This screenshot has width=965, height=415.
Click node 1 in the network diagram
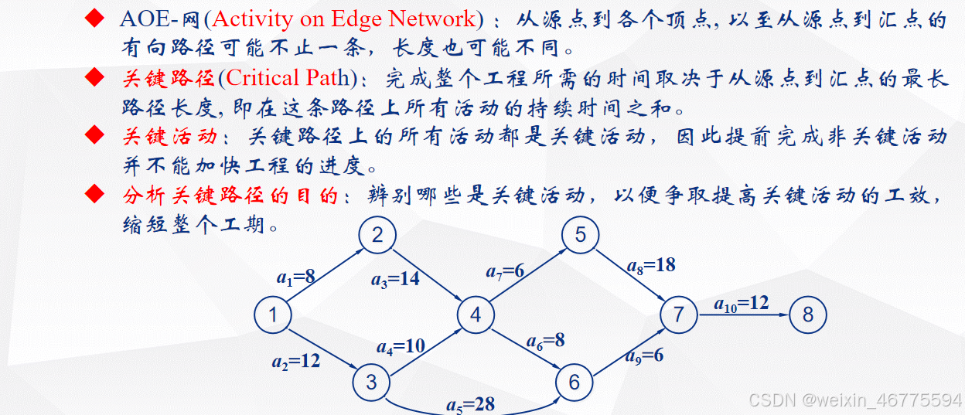click(273, 315)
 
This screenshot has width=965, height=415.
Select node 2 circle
click(377, 235)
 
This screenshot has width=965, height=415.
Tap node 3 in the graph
click(372, 382)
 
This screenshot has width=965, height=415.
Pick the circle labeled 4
click(476, 315)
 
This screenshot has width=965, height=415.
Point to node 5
click(581, 235)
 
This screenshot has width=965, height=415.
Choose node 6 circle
click(574, 383)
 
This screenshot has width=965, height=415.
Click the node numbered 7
click(679, 315)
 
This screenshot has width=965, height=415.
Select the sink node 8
click(808, 315)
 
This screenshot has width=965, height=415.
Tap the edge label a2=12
click(295, 360)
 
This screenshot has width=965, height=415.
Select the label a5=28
click(470, 403)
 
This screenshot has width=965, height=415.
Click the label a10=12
click(742, 303)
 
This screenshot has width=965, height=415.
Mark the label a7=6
click(505, 270)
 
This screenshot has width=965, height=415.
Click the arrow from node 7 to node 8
click(742, 315)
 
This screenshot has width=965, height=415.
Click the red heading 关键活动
click(169, 137)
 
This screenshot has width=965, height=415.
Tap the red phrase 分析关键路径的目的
click(230, 196)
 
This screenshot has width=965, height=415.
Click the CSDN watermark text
click(854, 400)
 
